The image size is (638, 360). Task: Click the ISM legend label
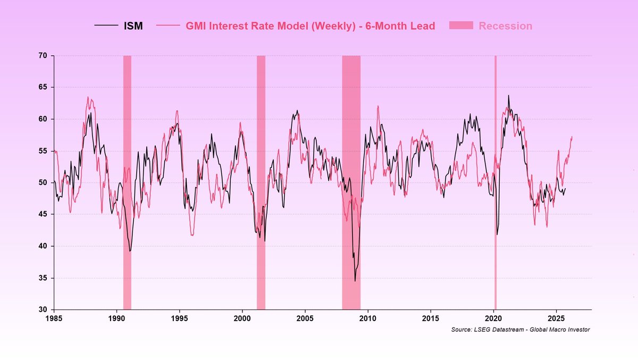133,26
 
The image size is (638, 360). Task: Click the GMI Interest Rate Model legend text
309,26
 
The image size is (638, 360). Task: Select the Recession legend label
505,26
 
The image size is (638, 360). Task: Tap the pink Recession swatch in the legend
460,26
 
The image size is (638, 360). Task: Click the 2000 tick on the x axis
242,317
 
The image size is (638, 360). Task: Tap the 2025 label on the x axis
556,317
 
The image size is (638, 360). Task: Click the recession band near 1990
127,181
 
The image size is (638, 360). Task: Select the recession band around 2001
261,181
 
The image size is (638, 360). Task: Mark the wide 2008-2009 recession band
351,181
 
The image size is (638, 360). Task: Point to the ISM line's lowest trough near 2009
355,281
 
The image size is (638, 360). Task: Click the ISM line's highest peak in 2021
508,96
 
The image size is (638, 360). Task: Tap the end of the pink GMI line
572,137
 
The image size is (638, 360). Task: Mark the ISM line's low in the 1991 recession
130,251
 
